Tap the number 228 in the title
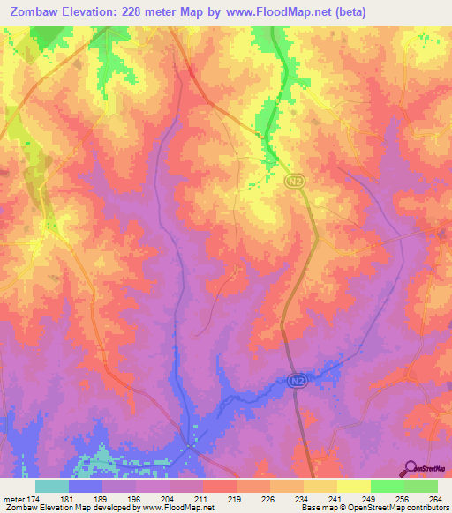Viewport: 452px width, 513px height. click(x=134, y=12)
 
